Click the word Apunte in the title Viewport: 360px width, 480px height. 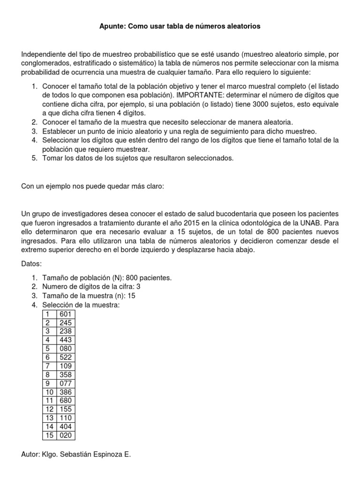point(112,27)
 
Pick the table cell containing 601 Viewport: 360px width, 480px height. point(66,314)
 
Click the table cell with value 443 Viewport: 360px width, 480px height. point(66,339)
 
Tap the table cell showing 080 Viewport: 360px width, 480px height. point(66,348)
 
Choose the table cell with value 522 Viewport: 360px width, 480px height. point(66,357)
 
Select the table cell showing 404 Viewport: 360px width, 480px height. point(66,427)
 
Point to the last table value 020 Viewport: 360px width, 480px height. point(66,435)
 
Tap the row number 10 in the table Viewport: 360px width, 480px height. point(49,391)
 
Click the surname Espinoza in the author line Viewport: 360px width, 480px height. point(110,454)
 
